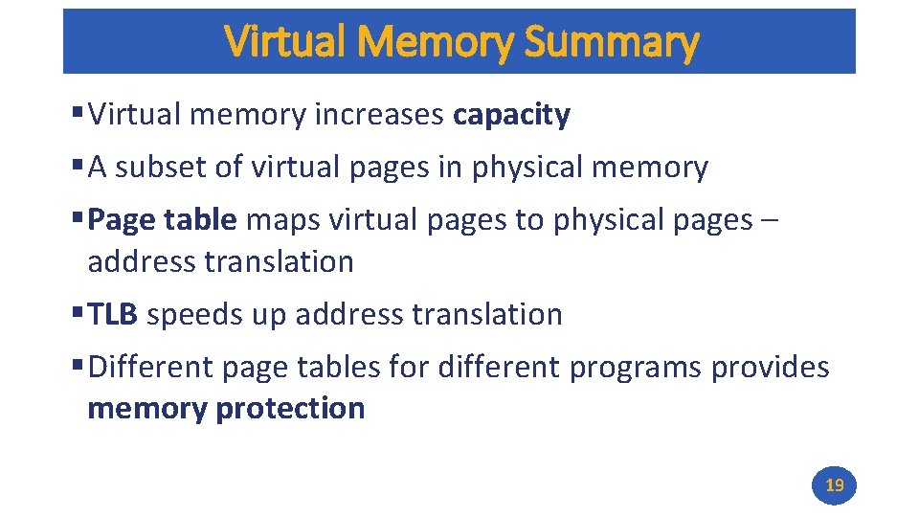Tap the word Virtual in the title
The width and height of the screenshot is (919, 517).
pyautogui.click(x=287, y=42)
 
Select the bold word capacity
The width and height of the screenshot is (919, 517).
pyautogui.click(x=512, y=116)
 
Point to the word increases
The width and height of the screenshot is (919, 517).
pyautogui.click(x=380, y=116)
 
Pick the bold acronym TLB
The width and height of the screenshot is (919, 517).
pyautogui.click(x=114, y=314)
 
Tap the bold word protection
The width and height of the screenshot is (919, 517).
pyautogui.click(x=290, y=409)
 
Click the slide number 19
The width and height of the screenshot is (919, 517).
pyautogui.click(x=835, y=485)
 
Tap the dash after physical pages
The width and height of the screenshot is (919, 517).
pyautogui.click(x=771, y=221)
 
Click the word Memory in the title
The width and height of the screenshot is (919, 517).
pyautogui.click(x=439, y=42)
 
